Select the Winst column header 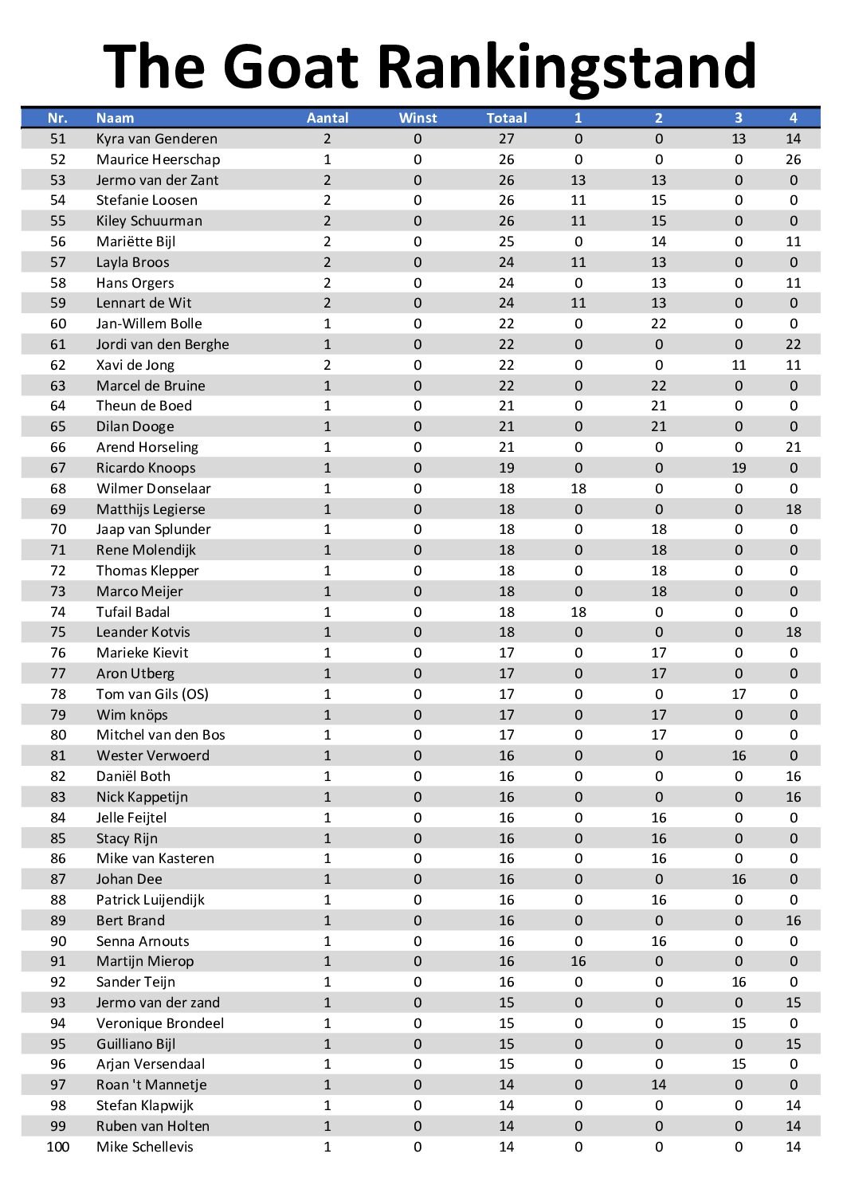click(418, 118)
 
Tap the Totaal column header click(507, 118)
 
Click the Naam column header click(115, 118)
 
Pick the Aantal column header click(327, 118)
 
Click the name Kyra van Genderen click(156, 139)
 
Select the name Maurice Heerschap click(158, 159)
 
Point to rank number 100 click(58, 1147)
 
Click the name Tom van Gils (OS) click(152, 694)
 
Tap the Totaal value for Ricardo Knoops click(507, 468)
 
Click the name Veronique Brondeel click(160, 1023)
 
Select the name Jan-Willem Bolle click(149, 324)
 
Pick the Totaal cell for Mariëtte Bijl click(507, 241)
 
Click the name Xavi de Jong click(135, 365)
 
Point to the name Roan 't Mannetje click(151, 1085)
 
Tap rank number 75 click(58, 632)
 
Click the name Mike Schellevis click(145, 1147)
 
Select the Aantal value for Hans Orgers click(327, 283)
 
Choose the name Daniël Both click(133, 776)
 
